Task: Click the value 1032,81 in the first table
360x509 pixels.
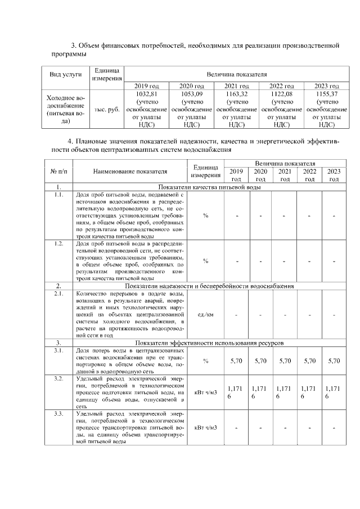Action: click(x=146, y=94)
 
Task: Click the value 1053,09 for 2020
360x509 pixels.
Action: click(x=191, y=94)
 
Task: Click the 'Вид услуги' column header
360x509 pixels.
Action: click(x=66, y=74)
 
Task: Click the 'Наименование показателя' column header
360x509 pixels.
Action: click(x=130, y=172)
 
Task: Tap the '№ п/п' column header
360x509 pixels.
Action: click(x=58, y=172)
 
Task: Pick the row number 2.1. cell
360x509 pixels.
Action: click(x=58, y=294)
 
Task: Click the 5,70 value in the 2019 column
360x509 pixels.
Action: click(x=236, y=361)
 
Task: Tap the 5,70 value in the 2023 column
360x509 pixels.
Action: click(x=334, y=361)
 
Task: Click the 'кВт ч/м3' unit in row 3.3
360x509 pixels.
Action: click(x=205, y=428)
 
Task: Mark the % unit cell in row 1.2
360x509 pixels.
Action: click(x=205, y=260)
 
